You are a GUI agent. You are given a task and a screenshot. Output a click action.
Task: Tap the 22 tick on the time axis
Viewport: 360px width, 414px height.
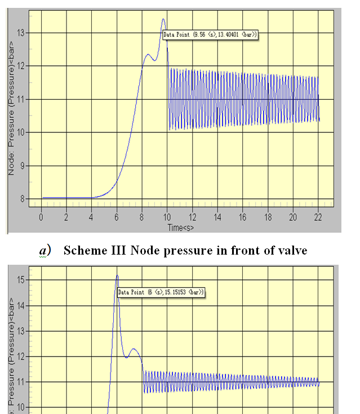click(318, 217)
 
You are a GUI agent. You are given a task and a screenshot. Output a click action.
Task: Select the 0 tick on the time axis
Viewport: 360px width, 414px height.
click(41, 217)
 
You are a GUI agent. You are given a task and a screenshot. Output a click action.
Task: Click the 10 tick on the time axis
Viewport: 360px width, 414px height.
click(167, 217)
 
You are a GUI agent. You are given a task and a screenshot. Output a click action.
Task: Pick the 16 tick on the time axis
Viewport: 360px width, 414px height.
click(243, 217)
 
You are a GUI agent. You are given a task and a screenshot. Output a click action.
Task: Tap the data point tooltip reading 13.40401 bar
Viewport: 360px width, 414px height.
click(210, 35)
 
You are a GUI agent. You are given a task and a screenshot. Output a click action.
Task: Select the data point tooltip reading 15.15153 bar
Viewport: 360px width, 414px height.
click(161, 292)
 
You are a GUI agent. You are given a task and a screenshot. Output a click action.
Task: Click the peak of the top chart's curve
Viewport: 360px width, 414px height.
click(163, 19)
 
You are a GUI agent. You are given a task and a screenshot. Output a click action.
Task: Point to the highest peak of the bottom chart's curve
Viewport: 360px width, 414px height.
click(117, 275)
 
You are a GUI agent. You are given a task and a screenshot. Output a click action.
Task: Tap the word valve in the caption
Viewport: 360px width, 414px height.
click(292, 251)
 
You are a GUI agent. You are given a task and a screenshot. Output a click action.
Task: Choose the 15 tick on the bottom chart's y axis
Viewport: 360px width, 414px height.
click(22, 279)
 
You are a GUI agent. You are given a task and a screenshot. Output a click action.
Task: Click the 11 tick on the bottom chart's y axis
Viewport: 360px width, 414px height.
click(22, 382)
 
